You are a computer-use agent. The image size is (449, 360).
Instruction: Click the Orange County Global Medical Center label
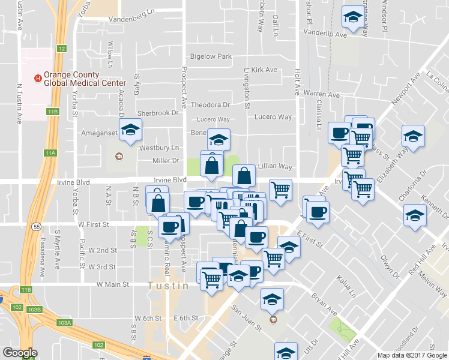click(84, 79)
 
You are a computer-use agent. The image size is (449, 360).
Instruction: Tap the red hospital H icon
click(38, 79)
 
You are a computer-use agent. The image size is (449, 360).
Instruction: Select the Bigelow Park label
click(211, 56)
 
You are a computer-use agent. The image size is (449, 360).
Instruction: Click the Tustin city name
click(168, 286)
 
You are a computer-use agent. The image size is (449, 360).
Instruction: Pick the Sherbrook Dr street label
click(158, 113)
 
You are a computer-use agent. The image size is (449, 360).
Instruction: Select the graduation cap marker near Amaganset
click(130, 130)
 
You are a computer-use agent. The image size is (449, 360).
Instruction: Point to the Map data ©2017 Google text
click(412, 355)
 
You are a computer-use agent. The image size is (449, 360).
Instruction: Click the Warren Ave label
click(321, 94)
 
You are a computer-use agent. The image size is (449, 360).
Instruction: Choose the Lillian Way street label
click(274, 167)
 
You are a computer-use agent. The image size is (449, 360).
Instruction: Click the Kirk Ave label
click(264, 70)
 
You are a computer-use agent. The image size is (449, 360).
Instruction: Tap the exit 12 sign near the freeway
click(62, 48)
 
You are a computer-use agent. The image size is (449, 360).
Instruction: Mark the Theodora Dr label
click(210, 104)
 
